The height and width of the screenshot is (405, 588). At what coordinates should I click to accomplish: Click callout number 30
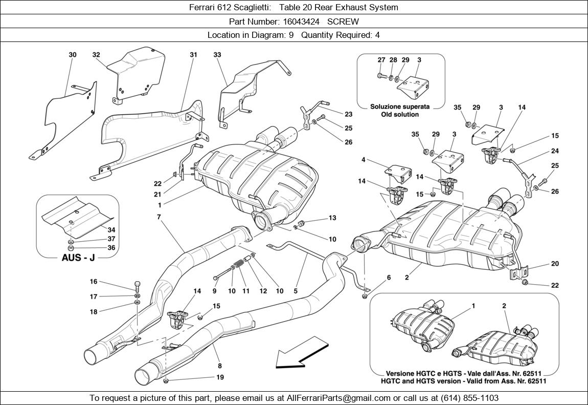(73, 55)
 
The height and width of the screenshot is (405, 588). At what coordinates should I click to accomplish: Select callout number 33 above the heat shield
(217, 55)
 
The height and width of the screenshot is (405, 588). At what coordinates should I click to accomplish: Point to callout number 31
(193, 55)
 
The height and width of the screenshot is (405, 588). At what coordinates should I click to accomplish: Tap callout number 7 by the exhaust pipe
(159, 217)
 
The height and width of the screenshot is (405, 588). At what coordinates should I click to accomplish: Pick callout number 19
(220, 377)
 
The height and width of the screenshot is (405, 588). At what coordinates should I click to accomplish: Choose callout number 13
(332, 218)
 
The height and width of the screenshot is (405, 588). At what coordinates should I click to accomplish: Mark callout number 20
(555, 264)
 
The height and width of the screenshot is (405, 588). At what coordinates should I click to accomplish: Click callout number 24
(555, 151)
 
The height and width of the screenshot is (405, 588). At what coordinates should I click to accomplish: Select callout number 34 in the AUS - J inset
(111, 230)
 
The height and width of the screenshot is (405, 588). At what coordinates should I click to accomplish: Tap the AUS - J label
(78, 258)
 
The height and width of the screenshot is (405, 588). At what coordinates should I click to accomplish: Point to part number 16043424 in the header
(301, 22)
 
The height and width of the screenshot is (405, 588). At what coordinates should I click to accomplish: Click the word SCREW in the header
(343, 22)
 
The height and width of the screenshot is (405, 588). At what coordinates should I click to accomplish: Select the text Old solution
(400, 114)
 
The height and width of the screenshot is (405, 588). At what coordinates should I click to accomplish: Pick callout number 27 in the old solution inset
(381, 60)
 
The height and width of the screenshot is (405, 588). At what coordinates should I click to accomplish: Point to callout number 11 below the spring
(246, 291)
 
